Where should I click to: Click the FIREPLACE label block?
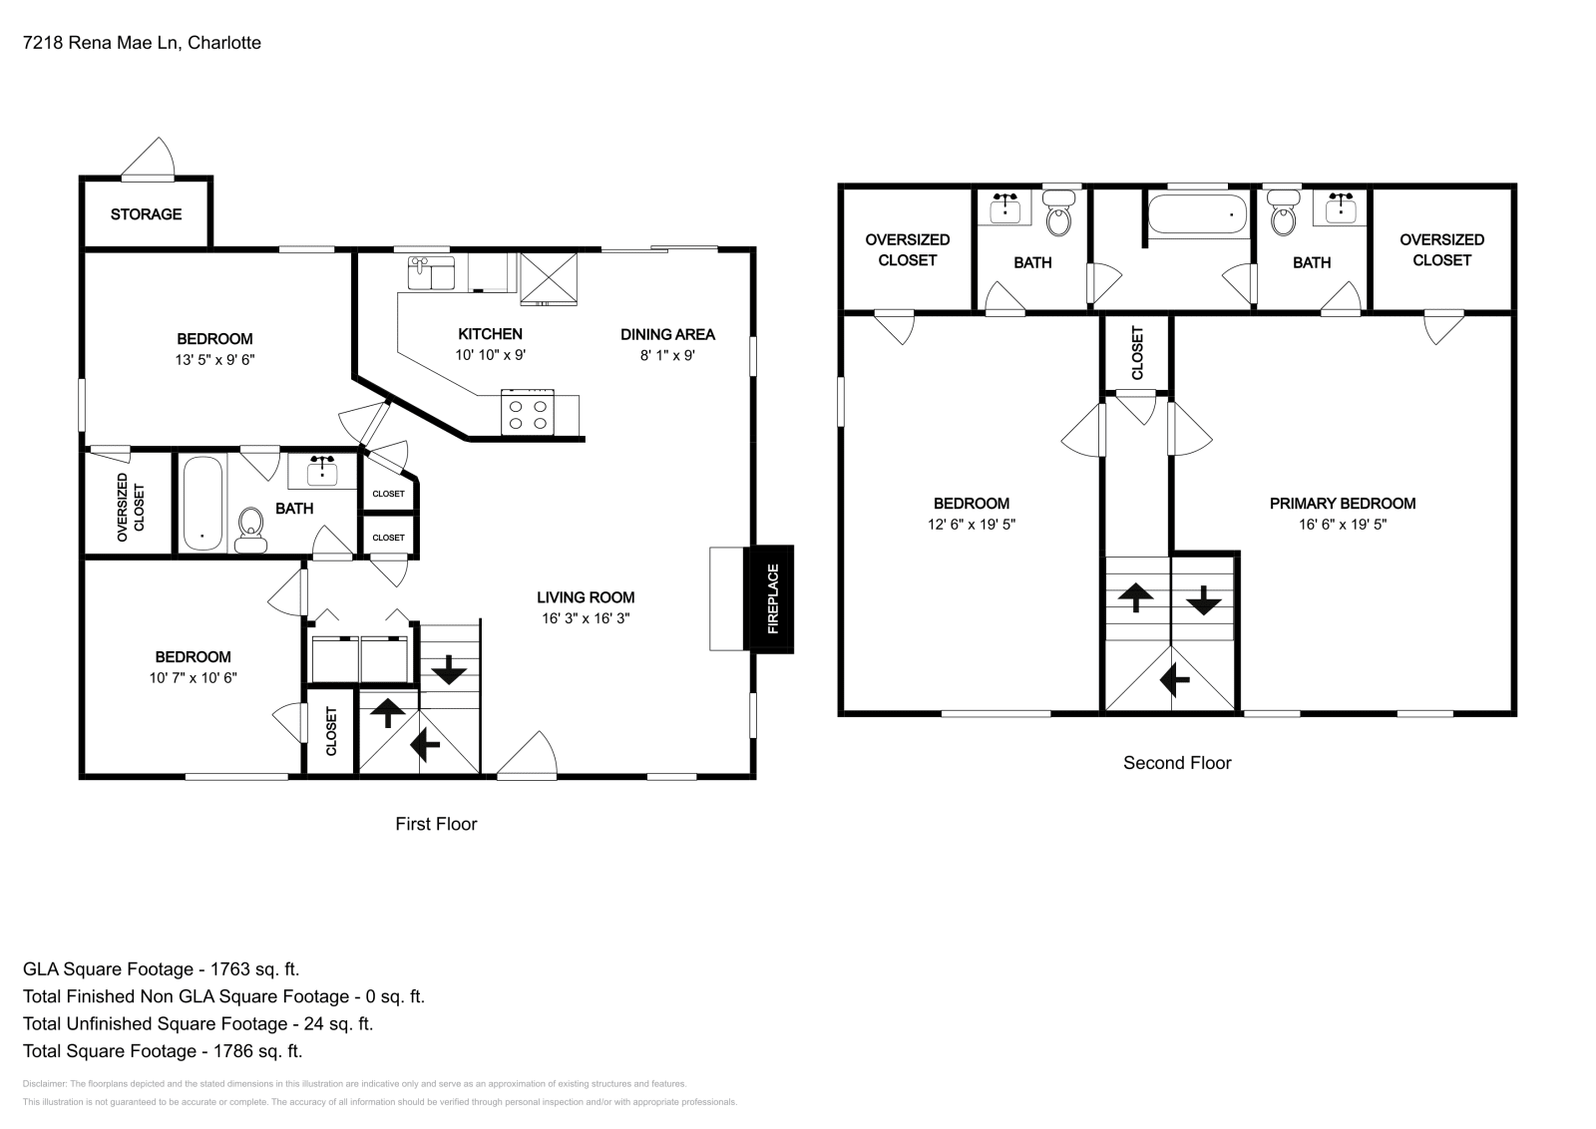point(769,599)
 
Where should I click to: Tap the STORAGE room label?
point(146,214)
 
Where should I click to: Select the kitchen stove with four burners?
point(528,413)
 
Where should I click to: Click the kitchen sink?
point(431,273)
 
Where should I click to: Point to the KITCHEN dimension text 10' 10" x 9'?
point(490,355)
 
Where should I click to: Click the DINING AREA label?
point(667,335)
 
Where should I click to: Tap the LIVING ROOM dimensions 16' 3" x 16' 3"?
point(586,618)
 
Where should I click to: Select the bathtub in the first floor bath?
point(203,503)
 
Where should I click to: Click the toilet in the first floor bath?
point(250,531)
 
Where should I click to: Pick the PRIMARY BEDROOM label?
point(1343,504)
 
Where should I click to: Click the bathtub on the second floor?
point(1197,214)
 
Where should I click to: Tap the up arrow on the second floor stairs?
point(1136,596)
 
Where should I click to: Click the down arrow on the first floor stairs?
point(449,669)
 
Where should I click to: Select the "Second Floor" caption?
point(1177,763)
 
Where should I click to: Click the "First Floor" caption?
point(436,824)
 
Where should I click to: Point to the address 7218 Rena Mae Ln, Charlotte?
point(142,43)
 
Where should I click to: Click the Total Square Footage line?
point(163,1050)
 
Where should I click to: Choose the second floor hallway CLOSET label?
point(1137,353)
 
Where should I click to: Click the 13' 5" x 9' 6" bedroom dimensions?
point(215,360)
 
